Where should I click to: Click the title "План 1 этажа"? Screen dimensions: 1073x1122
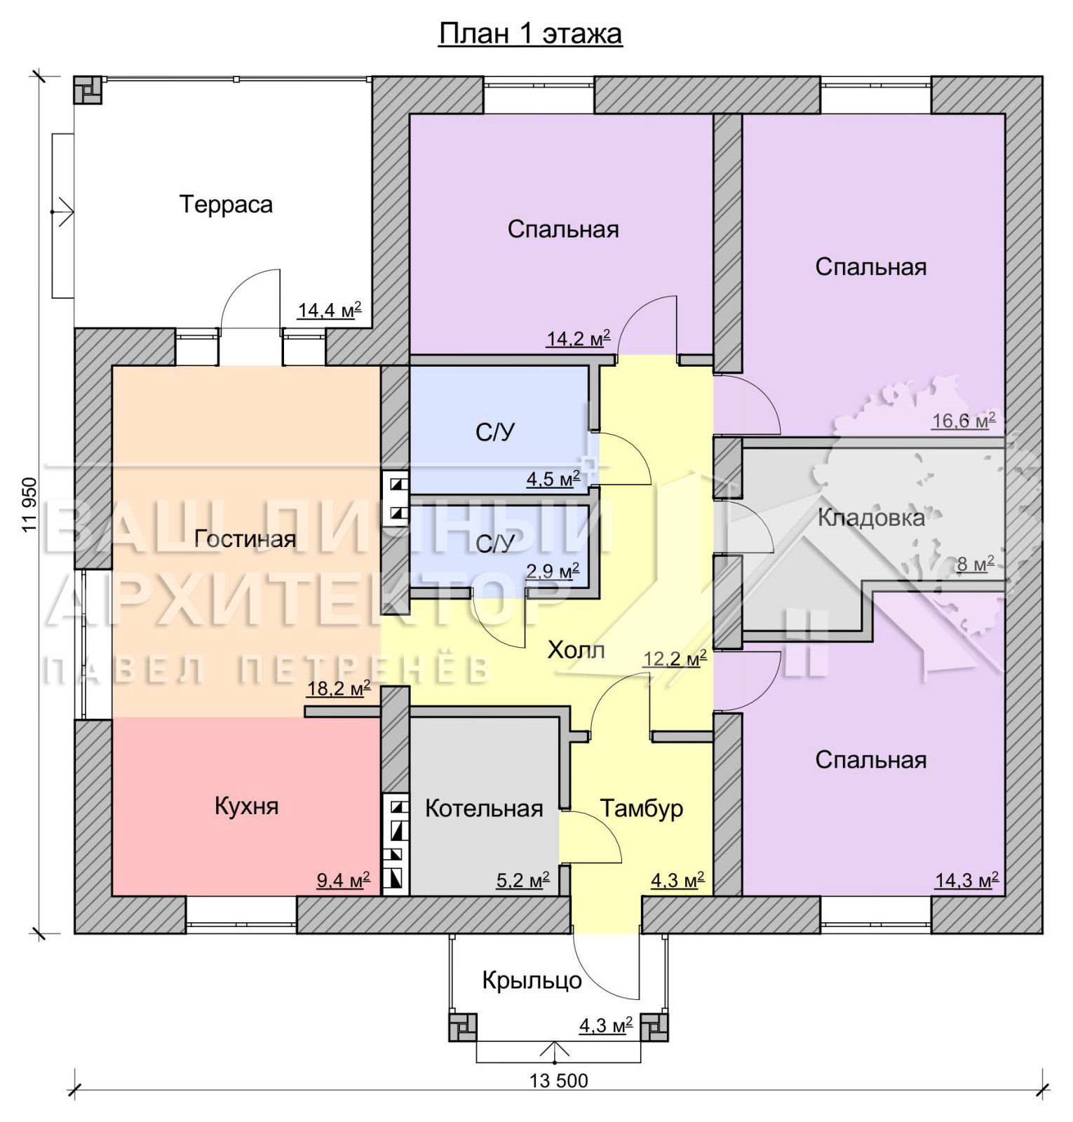[530, 34]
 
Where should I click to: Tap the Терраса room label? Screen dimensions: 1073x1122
[226, 204]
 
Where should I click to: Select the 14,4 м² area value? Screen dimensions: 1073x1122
[330, 309]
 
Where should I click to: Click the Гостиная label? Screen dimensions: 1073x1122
[245, 539]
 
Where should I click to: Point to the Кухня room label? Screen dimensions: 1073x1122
[246, 806]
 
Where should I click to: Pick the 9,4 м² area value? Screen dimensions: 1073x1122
[344, 879]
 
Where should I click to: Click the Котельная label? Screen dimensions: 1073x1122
[484, 809]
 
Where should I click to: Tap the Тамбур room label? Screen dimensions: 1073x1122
[641, 808]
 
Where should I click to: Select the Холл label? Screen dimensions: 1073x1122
[576, 650]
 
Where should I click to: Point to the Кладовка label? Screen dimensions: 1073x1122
[871, 518]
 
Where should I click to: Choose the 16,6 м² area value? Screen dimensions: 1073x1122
[964, 420]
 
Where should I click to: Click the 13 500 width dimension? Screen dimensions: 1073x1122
[558, 1081]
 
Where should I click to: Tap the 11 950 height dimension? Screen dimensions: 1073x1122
[29, 505]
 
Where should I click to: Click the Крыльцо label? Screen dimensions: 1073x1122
[532, 980]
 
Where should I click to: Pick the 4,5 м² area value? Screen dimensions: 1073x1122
[553, 479]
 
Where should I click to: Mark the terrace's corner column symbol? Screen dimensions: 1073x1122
[88, 90]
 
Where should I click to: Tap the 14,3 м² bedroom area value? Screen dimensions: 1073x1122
[966, 880]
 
